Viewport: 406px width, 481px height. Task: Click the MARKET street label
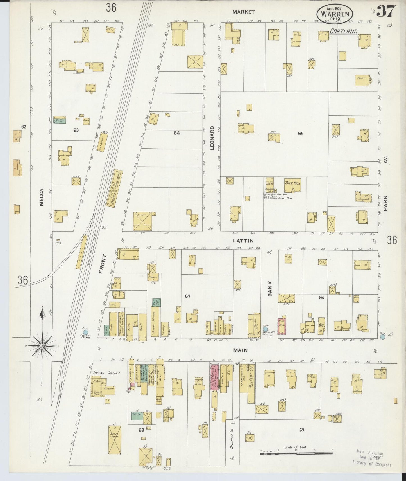pos(244,12)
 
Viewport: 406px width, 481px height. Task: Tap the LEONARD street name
pos(212,138)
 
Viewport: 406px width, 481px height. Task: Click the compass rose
pos(42,345)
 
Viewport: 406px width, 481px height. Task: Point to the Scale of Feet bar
pos(296,453)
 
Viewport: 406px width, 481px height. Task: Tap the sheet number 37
pos(386,11)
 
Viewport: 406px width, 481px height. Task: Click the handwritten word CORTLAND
pos(343,31)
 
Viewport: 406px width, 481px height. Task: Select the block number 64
pos(176,133)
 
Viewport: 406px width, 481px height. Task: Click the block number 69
pos(301,430)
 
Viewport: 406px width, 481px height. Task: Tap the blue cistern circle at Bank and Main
pos(265,329)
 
